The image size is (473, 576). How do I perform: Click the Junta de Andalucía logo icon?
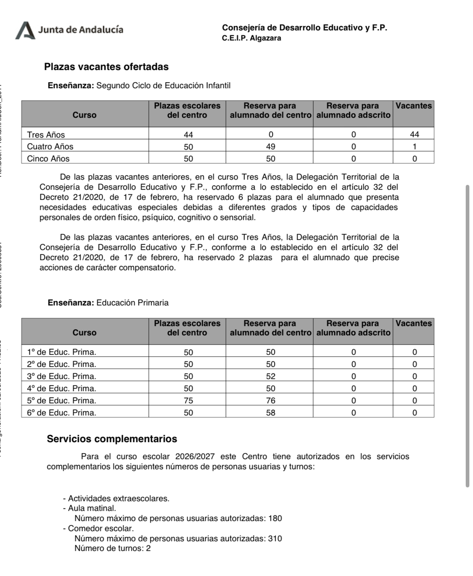[25, 30]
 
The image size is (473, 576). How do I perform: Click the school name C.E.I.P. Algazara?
[251, 38]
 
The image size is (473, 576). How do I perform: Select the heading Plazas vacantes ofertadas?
[106, 67]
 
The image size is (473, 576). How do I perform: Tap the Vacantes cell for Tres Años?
[414, 134]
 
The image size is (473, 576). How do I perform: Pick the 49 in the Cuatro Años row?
[270, 146]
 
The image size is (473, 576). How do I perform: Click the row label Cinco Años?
[48, 159]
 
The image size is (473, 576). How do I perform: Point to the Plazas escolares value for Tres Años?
[188, 134]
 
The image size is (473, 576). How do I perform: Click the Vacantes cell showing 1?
[414, 146]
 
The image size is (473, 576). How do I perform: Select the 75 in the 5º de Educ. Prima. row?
[188, 400]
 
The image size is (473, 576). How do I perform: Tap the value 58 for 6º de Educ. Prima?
[270, 413]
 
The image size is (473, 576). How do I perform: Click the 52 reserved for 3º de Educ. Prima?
[270, 376]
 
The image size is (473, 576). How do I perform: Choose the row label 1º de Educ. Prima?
[61, 352]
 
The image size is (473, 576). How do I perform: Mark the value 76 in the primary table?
[270, 400]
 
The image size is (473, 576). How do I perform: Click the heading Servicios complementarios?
[112, 439]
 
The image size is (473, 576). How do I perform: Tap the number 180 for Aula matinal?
[275, 518]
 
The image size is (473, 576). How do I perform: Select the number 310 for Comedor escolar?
[275, 538]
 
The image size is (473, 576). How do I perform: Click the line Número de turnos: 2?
[112, 548]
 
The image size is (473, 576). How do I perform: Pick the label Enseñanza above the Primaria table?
[71, 303]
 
